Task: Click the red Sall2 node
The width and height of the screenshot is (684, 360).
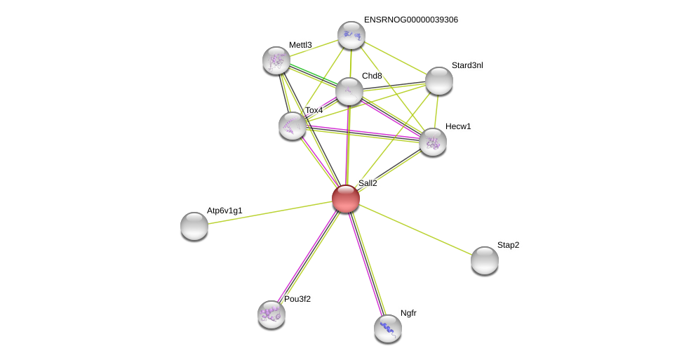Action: click(x=346, y=199)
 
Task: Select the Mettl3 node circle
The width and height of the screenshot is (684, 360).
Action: click(x=276, y=60)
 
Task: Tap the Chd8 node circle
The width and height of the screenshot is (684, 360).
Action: click(x=349, y=91)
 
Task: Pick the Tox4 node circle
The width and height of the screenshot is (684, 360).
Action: click(x=293, y=126)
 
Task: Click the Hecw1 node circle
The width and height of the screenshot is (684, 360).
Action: click(x=433, y=142)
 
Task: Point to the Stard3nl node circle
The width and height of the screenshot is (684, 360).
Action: click(x=439, y=81)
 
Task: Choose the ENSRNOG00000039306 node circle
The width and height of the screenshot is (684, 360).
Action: click(x=351, y=35)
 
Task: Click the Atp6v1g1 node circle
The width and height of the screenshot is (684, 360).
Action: click(x=194, y=226)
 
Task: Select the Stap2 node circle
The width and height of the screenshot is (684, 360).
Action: click(x=485, y=260)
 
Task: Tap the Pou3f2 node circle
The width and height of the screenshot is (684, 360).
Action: click(x=271, y=314)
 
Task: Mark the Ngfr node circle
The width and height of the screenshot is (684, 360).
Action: click(x=388, y=328)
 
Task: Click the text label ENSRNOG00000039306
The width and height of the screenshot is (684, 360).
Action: click(x=410, y=20)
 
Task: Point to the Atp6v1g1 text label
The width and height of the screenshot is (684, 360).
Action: click(x=224, y=211)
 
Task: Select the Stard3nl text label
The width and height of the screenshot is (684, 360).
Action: click(x=467, y=65)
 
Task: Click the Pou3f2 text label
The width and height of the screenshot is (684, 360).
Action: click(x=297, y=299)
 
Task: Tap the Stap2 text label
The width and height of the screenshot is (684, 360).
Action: click(x=509, y=245)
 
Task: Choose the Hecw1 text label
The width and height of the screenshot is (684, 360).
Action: click(x=458, y=126)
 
